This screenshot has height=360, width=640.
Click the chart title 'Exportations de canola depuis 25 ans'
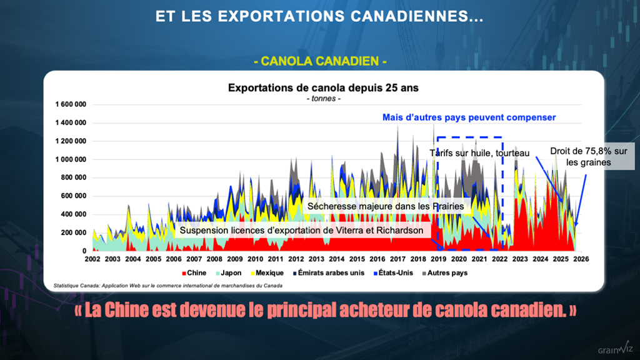point(323,88)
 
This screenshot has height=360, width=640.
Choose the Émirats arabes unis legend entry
point(327,273)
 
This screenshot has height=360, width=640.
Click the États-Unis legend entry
point(392,273)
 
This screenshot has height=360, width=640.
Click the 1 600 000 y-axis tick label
point(70,104)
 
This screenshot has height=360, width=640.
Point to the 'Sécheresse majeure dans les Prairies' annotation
point(386,206)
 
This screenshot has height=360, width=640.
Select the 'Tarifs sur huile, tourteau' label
point(479,152)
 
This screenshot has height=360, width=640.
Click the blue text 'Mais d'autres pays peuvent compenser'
point(469,117)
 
